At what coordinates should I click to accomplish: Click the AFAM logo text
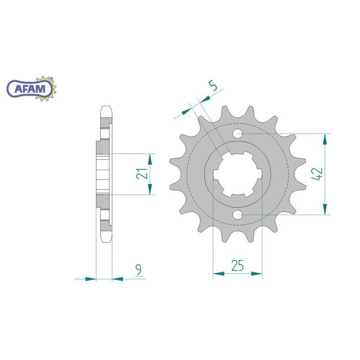point(30,89)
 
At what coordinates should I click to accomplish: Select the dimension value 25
point(238,265)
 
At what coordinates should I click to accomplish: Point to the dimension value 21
point(142,173)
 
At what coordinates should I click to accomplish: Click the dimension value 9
point(138,270)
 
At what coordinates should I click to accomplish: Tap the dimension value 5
point(213,86)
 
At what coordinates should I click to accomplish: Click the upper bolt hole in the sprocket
point(238,133)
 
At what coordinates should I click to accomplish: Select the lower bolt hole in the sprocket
point(238,215)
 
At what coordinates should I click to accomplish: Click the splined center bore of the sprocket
point(238,174)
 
